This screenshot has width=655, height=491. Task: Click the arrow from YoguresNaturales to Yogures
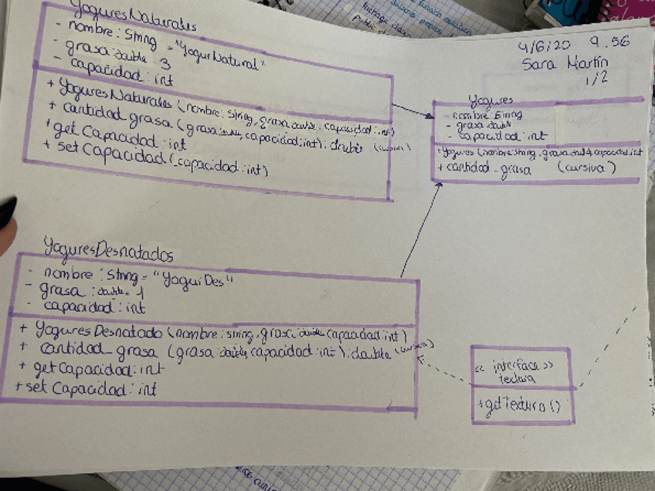(x=411, y=110)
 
